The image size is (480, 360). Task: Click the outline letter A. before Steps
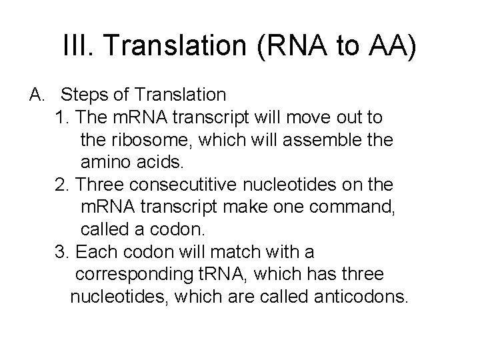click(x=37, y=94)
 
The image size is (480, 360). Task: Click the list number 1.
click(x=63, y=118)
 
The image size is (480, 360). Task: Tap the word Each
click(x=95, y=252)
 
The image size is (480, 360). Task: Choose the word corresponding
click(x=137, y=275)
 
